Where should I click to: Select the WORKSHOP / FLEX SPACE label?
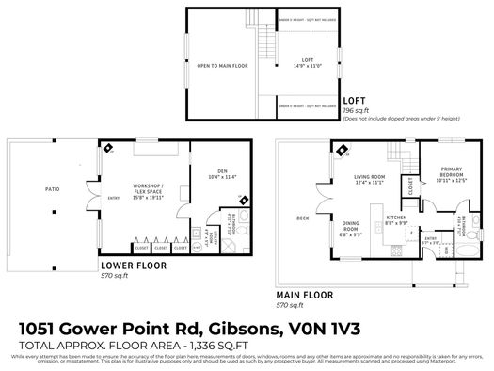(x=151, y=191)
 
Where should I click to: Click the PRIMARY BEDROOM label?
(x=454, y=173)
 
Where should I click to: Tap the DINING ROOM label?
(x=350, y=227)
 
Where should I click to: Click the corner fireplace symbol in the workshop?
(x=108, y=148)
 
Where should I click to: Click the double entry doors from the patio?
(x=104, y=198)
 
